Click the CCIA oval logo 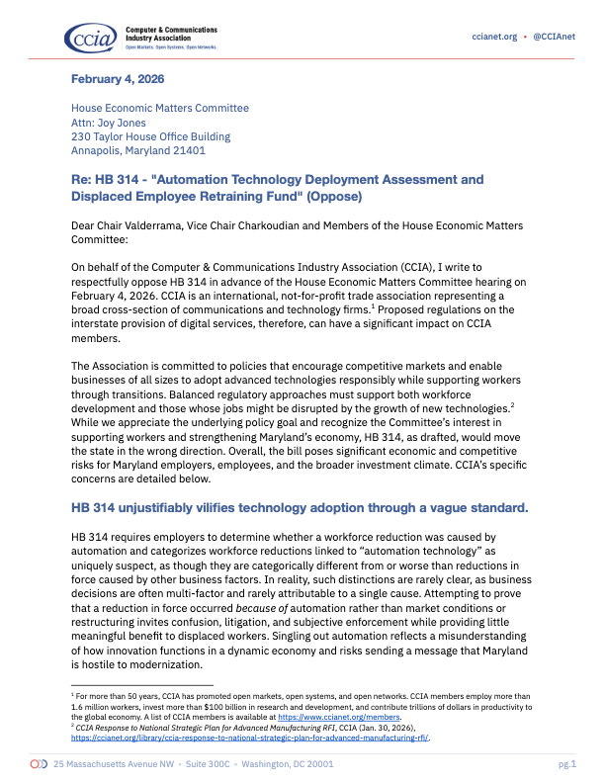click(92, 39)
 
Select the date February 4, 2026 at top click(117, 78)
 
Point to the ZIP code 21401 click(186, 151)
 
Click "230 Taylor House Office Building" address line click(150, 136)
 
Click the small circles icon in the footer click(39, 764)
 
